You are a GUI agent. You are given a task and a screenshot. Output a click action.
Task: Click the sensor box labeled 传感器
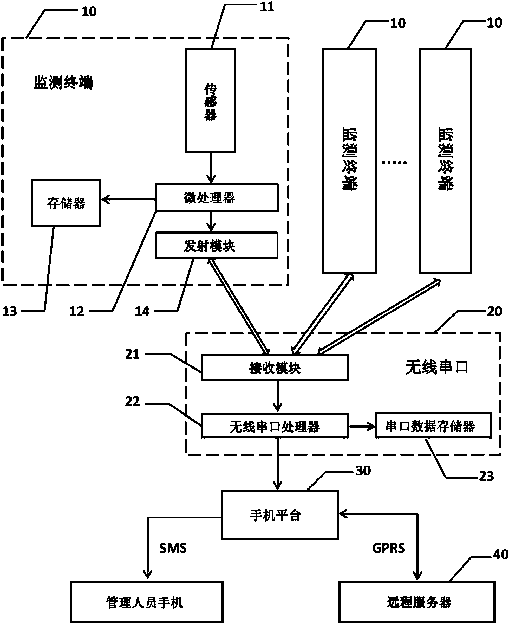pyautogui.click(x=210, y=101)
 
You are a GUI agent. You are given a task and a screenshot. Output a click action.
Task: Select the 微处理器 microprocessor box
pyautogui.click(x=217, y=198)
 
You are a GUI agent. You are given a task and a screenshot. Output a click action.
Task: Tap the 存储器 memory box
pyautogui.click(x=66, y=203)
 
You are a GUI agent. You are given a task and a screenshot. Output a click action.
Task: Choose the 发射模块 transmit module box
pyautogui.click(x=217, y=245)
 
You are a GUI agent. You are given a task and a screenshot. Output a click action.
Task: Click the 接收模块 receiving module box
pyautogui.click(x=275, y=367)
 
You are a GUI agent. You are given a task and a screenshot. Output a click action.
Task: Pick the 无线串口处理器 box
pyautogui.click(x=275, y=426)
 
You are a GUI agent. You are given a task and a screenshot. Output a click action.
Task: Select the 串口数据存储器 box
pyautogui.click(x=434, y=425)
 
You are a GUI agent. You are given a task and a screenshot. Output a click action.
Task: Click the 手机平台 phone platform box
pyautogui.click(x=280, y=515)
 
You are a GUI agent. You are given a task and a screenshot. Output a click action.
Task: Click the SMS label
pyautogui.click(x=173, y=548)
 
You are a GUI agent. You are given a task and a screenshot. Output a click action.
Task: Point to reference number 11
pyautogui.click(x=267, y=7)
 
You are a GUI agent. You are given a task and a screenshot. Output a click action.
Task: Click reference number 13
pyautogui.click(x=10, y=311)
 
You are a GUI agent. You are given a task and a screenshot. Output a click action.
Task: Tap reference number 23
pyautogui.click(x=486, y=476)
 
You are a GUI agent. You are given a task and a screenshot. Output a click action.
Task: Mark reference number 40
pyautogui.click(x=500, y=555)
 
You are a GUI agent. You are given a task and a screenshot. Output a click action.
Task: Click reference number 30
pyautogui.click(x=363, y=471)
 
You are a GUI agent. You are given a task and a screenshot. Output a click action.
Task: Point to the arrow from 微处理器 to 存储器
pyautogui.click(x=128, y=200)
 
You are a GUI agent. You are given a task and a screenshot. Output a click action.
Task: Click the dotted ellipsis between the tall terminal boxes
pyautogui.click(x=394, y=163)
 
